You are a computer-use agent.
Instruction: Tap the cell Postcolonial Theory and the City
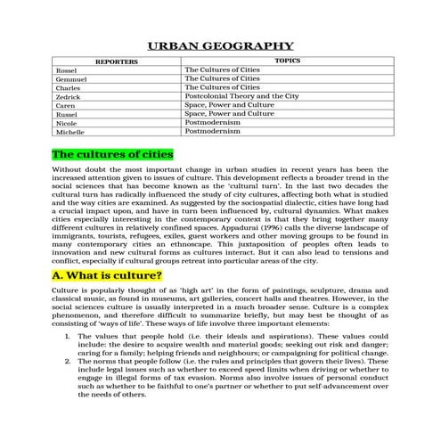pos(241,96)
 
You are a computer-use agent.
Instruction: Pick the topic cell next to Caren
pos(229,105)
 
